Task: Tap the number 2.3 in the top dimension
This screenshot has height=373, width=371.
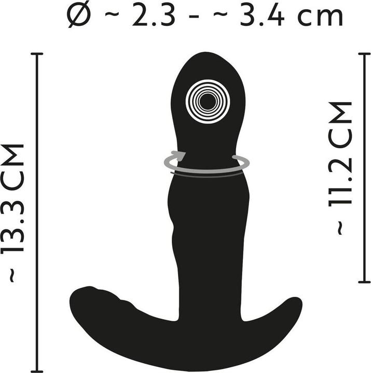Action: (154, 16)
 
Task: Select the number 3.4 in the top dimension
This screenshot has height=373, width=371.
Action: (262, 16)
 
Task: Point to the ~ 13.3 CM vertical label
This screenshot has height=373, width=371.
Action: (13, 213)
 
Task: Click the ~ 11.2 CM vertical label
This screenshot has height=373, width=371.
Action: (340, 168)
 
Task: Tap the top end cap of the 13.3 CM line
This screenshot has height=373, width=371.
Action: (37, 54)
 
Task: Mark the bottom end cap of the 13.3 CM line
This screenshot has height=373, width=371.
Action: (37, 371)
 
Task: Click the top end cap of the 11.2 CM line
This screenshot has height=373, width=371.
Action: (364, 54)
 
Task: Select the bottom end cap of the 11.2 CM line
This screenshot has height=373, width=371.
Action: (364, 282)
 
